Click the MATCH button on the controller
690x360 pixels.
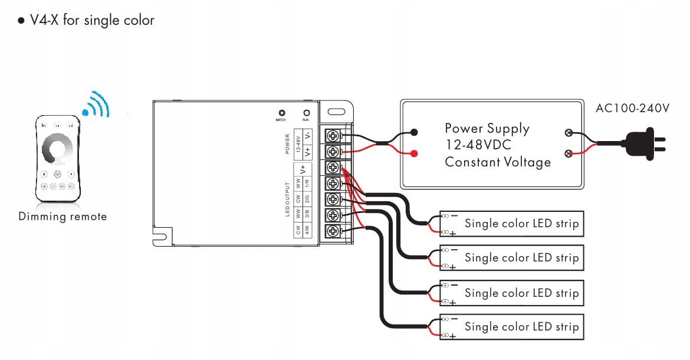[282, 112]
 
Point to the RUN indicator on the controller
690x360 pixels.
[306, 112]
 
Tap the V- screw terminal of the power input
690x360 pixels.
[332, 136]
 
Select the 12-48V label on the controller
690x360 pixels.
[298, 143]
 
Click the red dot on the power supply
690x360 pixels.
[415, 154]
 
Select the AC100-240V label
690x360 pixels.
[632, 109]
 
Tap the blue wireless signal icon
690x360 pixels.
[97, 105]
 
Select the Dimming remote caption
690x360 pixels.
[63, 217]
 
